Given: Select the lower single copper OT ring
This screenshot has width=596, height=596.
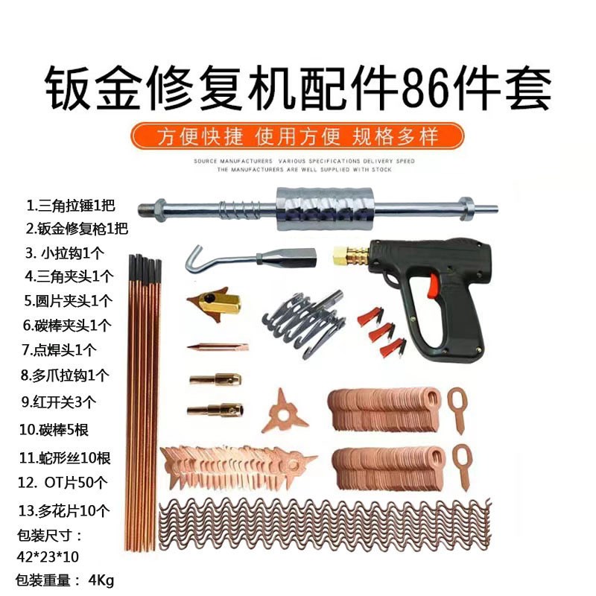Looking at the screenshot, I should (462, 462).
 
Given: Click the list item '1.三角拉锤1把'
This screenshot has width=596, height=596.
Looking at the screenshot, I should (71, 205).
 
